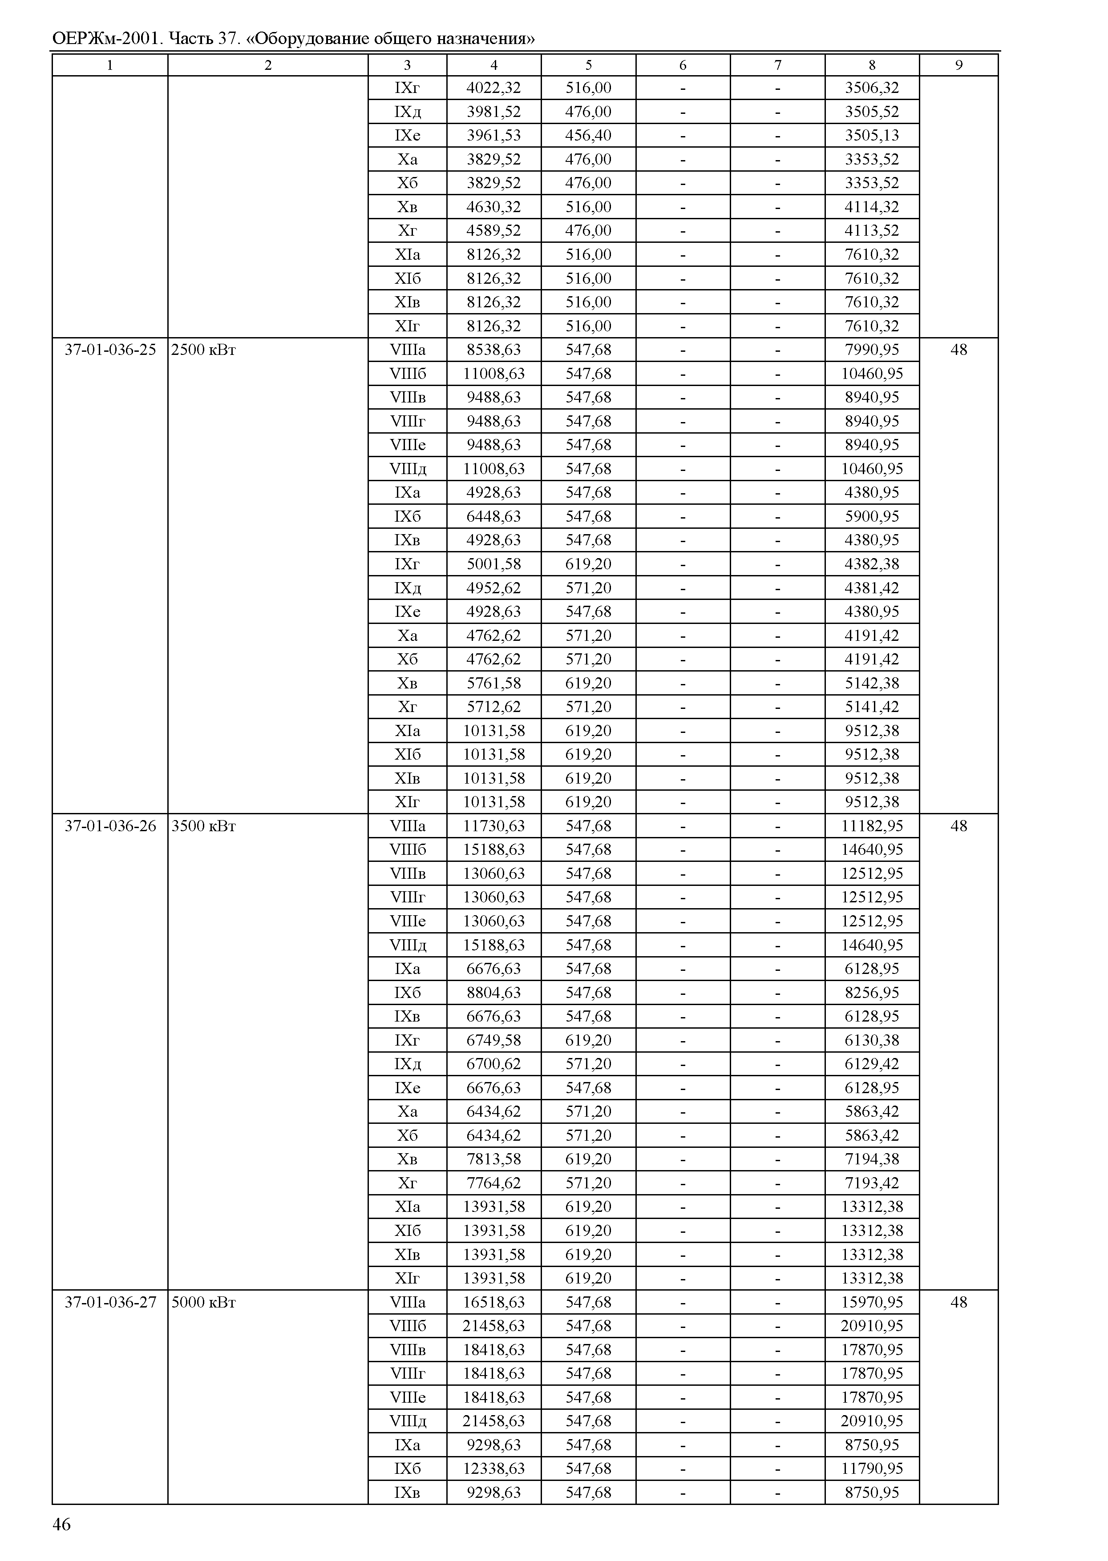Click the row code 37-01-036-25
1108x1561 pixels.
click(110, 350)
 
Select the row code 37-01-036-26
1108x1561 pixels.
click(110, 826)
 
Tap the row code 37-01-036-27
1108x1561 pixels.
click(110, 1302)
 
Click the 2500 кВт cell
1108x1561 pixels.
click(203, 350)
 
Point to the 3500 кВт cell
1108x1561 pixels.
click(203, 826)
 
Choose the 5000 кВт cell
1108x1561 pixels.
click(203, 1302)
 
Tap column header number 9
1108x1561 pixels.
click(958, 65)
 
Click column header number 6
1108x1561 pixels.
click(683, 65)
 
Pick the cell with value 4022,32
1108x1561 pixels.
click(493, 88)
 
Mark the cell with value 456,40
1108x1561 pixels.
click(588, 135)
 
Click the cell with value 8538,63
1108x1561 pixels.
click(493, 350)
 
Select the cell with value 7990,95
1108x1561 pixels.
click(872, 350)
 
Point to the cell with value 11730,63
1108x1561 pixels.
click(493, 826)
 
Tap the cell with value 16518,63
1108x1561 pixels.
click(493, 1302)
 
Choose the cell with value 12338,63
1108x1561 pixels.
click(493, 1468)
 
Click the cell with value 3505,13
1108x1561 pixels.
click(872, 135)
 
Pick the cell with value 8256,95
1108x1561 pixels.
click(872, 992)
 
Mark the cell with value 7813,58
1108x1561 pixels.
click(493, 1159)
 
